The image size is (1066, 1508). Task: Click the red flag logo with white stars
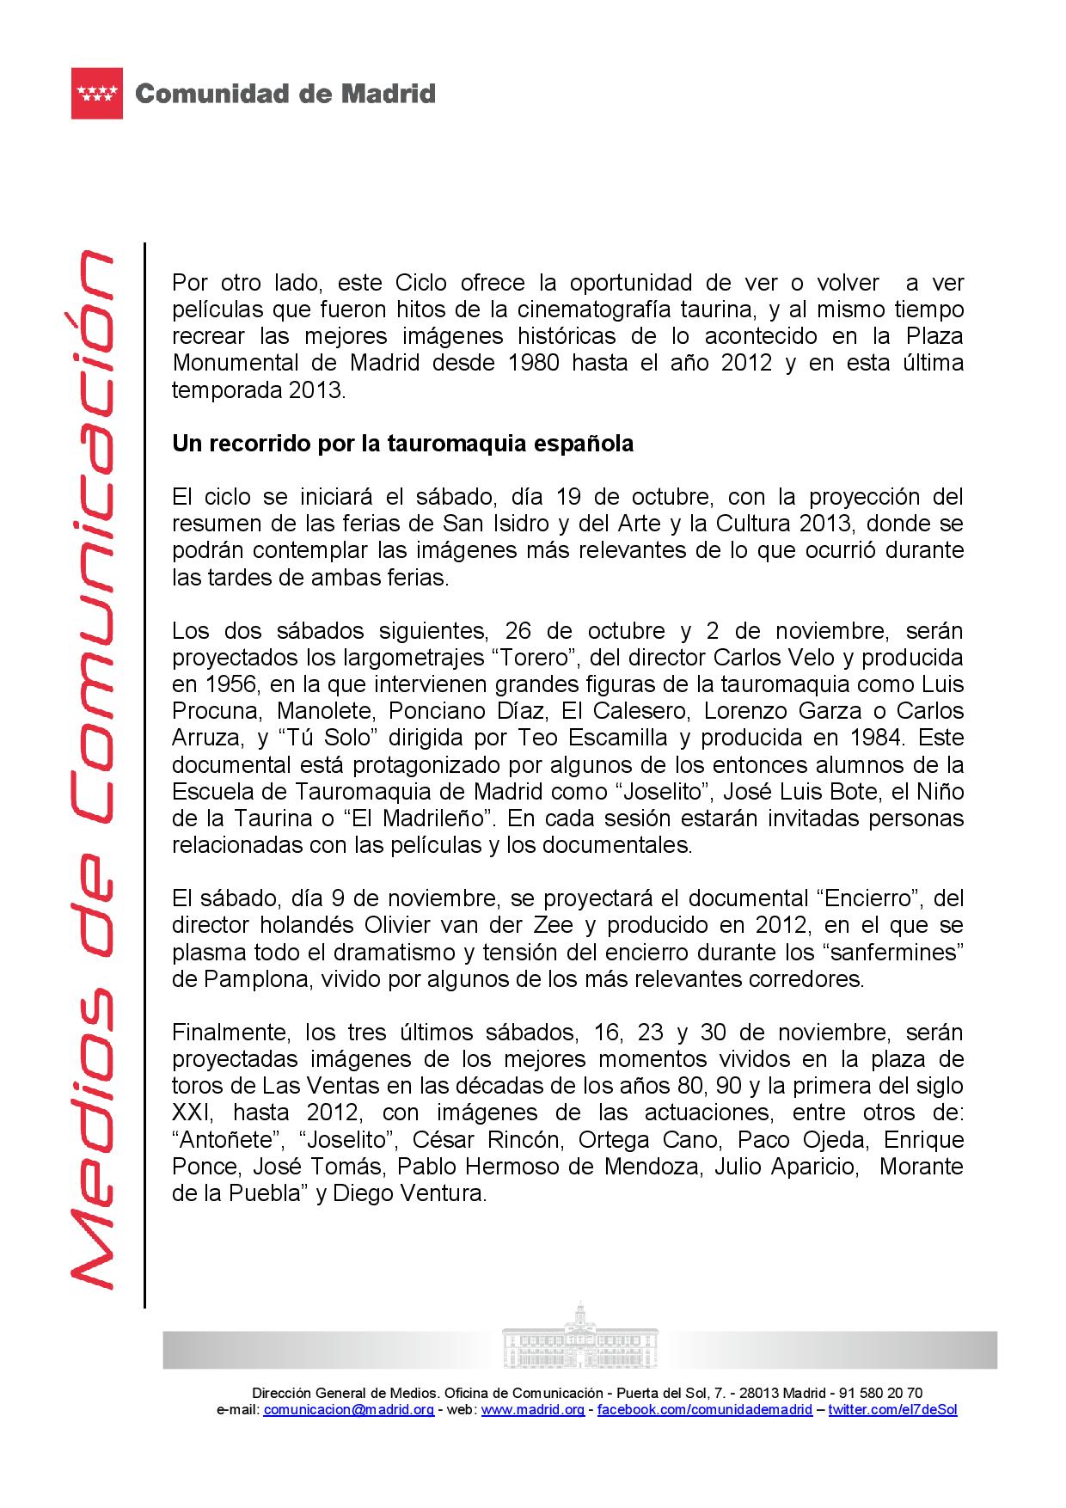pos(97,93)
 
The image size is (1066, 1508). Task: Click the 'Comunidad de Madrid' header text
pos(285,94)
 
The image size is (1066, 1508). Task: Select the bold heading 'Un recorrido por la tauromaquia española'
pos(402,444)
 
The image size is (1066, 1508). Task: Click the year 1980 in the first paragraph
pos(533,363)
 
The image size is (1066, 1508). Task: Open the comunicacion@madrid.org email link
pos(348,1409)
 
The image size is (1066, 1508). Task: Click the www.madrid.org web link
pos(533,1409)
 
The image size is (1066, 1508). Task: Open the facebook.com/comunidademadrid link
pos(704,1409)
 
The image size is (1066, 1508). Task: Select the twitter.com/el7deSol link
pos(892,1409)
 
